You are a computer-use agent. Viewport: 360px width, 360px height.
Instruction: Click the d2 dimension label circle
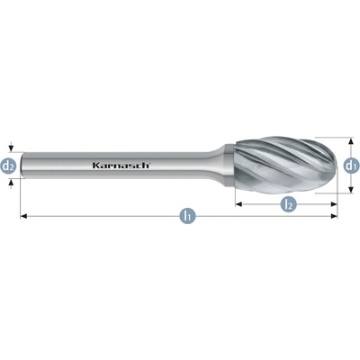9,166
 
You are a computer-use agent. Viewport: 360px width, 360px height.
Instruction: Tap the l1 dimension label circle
187,215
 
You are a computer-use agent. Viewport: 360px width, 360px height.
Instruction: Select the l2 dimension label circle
288,204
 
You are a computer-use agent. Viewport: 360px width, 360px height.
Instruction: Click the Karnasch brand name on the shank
121,166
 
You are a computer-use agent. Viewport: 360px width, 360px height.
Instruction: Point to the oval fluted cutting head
286,166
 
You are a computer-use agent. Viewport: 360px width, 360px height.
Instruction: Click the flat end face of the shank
22,166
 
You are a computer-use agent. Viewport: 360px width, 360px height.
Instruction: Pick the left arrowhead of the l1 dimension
23,216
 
